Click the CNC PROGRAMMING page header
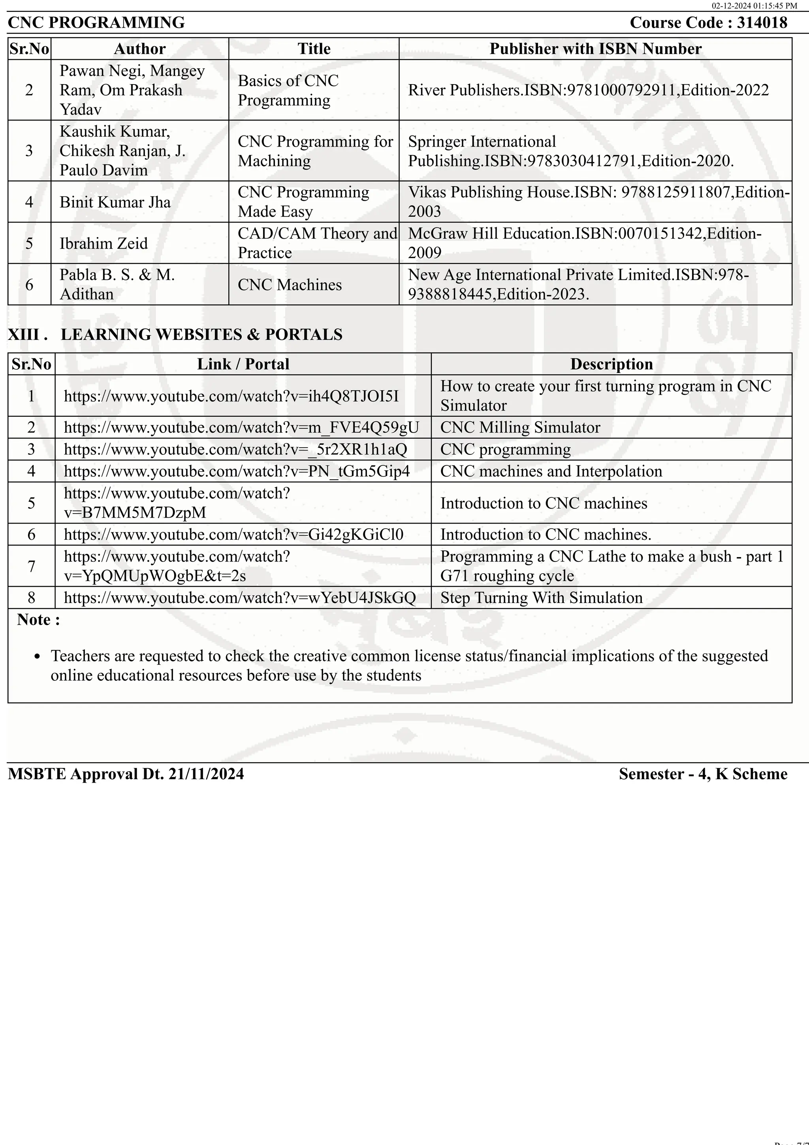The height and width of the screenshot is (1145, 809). tap(96, 23)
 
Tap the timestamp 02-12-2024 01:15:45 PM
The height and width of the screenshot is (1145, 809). tap(754, 6)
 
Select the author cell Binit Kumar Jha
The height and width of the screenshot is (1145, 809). tap(115, 202)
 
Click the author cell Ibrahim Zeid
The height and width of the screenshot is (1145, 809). tap(103, 243)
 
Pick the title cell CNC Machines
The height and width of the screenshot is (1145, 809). tap(290, 285)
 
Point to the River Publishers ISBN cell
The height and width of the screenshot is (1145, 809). tap(588, 90)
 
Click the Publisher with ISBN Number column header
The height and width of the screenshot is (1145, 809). tap(595, 49)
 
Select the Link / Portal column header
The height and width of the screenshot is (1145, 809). tap(243, 364)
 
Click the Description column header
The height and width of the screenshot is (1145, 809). tap(611, 364)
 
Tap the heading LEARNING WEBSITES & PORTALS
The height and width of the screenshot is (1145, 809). tap(201, 334)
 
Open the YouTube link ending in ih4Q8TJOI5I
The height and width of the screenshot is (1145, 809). tap(231, 396)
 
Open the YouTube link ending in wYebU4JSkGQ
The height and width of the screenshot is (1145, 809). tap(240, 597)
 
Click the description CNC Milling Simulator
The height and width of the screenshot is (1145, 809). tap(520, 427)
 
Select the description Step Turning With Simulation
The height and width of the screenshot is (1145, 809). tap(541, 597)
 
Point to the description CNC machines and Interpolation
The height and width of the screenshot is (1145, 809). tap(551, 471)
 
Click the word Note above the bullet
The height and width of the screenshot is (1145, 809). tap(34, 620)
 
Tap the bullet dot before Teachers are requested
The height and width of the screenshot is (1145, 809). tap(37, 657)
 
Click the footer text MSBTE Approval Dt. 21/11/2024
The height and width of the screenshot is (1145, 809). tap(126, 774)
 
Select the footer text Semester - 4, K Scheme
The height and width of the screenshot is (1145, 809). tap(703, 774)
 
